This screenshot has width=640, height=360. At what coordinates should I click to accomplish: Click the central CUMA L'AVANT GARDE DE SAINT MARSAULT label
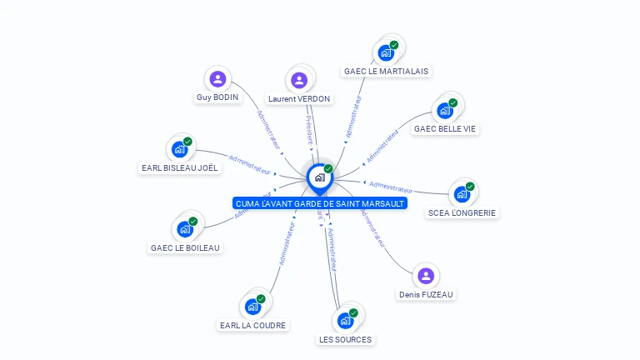320,203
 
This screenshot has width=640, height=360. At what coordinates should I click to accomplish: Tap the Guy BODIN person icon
217,79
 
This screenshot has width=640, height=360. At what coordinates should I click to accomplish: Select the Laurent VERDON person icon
299,80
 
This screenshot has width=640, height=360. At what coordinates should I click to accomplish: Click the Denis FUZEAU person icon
426,276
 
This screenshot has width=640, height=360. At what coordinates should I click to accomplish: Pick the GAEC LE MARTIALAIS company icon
385,52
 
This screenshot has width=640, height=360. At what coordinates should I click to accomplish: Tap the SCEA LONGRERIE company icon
462,194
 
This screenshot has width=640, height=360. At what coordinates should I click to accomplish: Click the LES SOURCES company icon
345,320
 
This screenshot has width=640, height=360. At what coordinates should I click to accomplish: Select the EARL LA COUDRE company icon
252,306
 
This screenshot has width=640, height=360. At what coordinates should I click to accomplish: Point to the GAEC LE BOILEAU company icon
185,228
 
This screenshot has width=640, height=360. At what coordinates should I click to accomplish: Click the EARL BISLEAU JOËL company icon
179,149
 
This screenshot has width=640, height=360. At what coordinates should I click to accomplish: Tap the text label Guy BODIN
217,97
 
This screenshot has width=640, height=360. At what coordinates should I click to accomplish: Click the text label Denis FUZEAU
427,295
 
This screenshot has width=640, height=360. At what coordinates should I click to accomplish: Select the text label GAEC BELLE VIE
446,129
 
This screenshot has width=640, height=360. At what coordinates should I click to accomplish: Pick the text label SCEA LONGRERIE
462,213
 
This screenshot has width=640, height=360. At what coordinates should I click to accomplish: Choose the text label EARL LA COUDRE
253,326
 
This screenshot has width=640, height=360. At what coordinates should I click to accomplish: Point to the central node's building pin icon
319,177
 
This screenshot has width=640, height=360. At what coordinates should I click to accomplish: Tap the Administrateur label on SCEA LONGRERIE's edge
391,186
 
